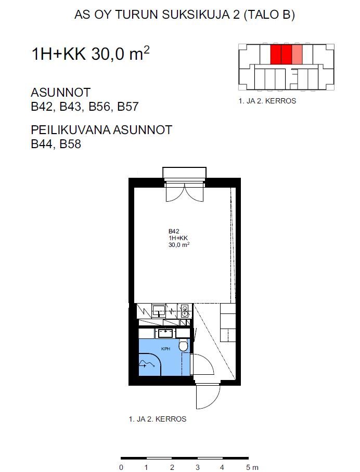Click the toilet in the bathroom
click(x=183, y=345)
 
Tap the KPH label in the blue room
click(x=165, y=349)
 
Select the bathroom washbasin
click(x=165, y=334)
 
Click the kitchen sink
click(x=159, y=310)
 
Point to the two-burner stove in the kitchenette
click(x=185, y=311)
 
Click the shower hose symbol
click(x=147, y=364)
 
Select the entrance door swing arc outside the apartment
click(x=208, y=397)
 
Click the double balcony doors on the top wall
click(x=184, y=193)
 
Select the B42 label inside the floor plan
click(x=174, y=231)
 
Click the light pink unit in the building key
click(x=297, y=55)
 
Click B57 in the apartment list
click(x=128, y=107)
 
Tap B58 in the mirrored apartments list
click(x=71, y=144)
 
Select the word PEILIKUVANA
click(x=71, y=130)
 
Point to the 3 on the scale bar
click(x=198, y=467)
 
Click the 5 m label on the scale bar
click(x=252, y=467)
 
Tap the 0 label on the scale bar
click(x=121, y=467)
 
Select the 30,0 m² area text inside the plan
click(x=179, y=245)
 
